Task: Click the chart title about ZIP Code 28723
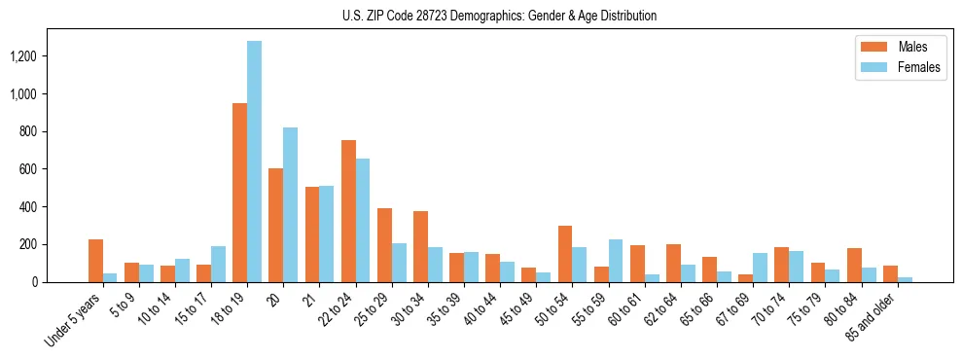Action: point(499,16)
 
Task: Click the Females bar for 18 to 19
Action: point(255,162)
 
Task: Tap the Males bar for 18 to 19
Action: point(239,193)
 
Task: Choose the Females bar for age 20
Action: point(291,204)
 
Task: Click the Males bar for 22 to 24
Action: point(348,211)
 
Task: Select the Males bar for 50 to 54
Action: point(565,254)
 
